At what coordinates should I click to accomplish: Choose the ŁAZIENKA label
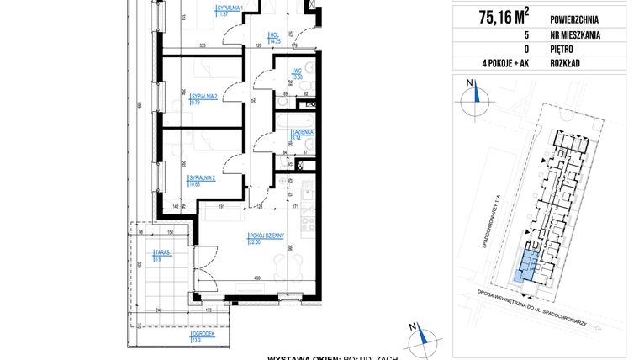[x=302, y=135]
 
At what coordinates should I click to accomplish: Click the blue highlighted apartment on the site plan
[x=525, y=265]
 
